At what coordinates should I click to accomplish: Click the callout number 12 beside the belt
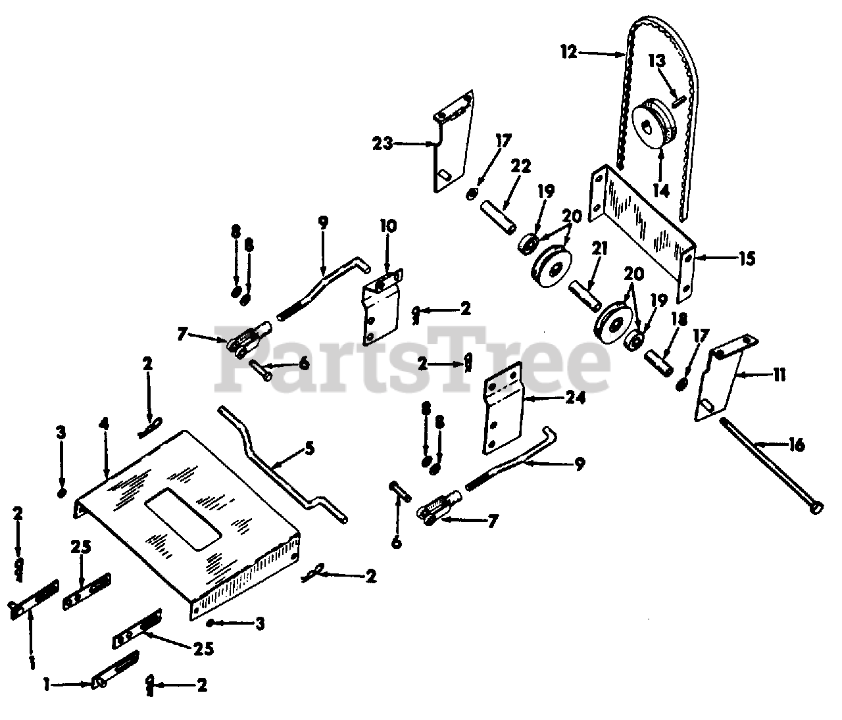click(x=569, y=52)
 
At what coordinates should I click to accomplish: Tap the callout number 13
click(x=656, y=61)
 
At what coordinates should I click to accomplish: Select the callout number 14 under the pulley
click(x=660, y=190)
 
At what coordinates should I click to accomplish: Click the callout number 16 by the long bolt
click(x=797, y=444)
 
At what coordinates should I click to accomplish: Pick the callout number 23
click(x=382, y=143)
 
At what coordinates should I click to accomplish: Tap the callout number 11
click(x=780, y=375)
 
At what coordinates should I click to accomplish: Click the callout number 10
click(x=388, y=226)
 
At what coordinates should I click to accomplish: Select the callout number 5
click(x=310, y=448)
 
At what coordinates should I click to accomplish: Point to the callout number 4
click(x=105, y=424)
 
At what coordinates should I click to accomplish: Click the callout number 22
click(x=521, y=166)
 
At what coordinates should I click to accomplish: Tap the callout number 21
click(x=600, y=249)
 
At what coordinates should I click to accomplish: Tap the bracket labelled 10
click(x=382, y=306)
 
